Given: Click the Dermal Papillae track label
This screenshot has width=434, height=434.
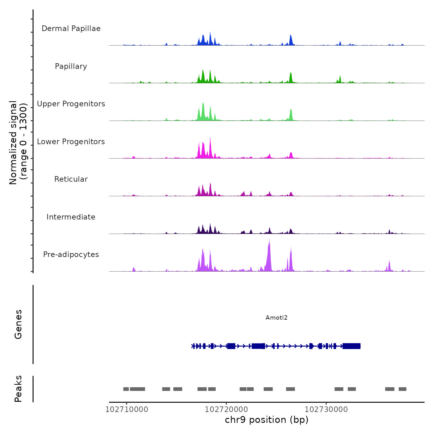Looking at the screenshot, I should [x=71, y=29].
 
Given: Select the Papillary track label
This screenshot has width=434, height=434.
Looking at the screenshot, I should [x=71, y=66].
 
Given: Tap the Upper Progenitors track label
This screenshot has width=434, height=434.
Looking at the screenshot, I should [x=71, y=104].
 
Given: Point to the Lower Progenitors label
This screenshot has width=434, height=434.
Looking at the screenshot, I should [x=71, y=142].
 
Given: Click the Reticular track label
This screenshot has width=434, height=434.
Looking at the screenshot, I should [x=71, y=179].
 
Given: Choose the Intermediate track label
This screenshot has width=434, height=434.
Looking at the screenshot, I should [x=71, y=217].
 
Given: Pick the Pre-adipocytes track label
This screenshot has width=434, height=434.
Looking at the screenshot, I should [x=71, y=255].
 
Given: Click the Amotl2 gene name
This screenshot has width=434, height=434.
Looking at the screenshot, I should [x=277, y=317].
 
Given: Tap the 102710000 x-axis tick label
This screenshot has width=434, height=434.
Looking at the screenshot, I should [x=126, y=409].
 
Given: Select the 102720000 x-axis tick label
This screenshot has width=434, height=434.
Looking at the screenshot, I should [x=226, y=409].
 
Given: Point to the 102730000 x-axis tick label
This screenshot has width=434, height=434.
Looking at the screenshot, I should [x=326, y=409].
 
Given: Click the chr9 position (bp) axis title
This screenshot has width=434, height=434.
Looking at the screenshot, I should [x=267, y=420].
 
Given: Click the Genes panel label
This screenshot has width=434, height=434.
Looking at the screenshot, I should [x=18, y=324].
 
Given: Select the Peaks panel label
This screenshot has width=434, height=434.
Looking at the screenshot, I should [x=18, y=389].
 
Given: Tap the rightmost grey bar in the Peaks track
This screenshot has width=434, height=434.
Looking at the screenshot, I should [x=402, y=389].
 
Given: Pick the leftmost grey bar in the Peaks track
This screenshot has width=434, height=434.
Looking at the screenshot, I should [x=126, y=389].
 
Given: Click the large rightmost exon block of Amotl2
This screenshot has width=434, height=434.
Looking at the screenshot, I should [x=352, y=346].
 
